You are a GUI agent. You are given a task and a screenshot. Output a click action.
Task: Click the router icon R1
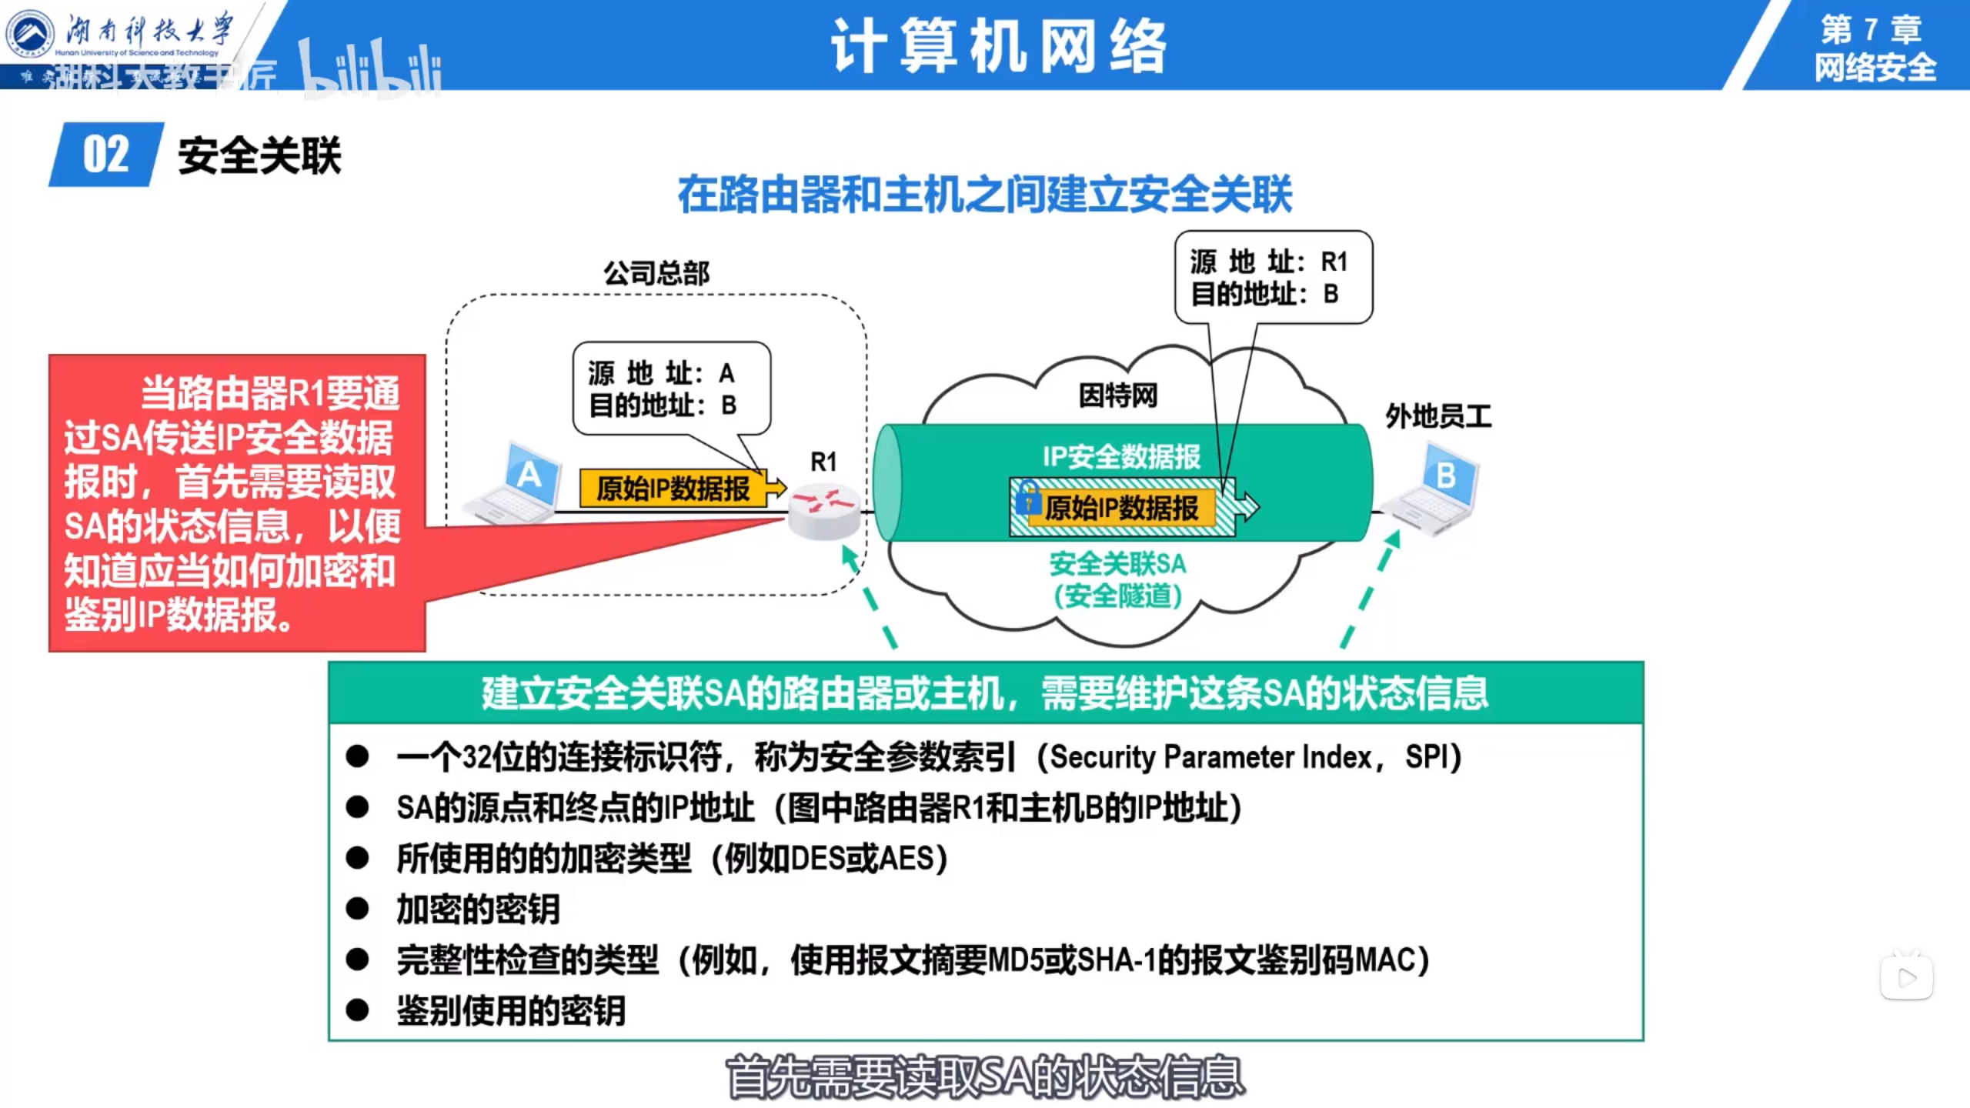pyautogui.click(x=823, y=511)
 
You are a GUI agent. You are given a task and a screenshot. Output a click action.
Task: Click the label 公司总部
pyautogui.click(x=656, y=273)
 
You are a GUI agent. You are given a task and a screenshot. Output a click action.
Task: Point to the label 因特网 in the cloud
pyautogui.click(x=1117, y=395)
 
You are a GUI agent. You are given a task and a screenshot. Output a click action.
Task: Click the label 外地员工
pyautogui.click(x=1437, y=417)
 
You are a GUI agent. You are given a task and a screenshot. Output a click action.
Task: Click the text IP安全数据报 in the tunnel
pyautogui.click(x=1121, y=456)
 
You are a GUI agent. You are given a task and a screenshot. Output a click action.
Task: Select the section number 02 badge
pyautogui.click(x=106, y=155)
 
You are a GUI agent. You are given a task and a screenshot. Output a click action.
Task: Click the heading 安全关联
pyautogui.click(x=259, y=156)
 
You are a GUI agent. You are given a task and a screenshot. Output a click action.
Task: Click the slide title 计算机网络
pyautogui.click(x=999, y=46)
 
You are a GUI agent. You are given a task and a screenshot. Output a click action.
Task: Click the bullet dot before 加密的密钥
pyautogui.click(x=357, y=909)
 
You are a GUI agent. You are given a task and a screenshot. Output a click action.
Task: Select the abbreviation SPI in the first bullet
pyautogui.click(x=1427, y=757)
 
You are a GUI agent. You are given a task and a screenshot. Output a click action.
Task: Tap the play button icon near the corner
pyautogui.click(x=1907, y=978)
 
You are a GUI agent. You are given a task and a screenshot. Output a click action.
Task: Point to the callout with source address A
pyautogui.click(x=671, y=389)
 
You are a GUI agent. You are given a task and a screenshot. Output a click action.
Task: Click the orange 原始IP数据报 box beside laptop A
pyautogui.click(x=673, y=489)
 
